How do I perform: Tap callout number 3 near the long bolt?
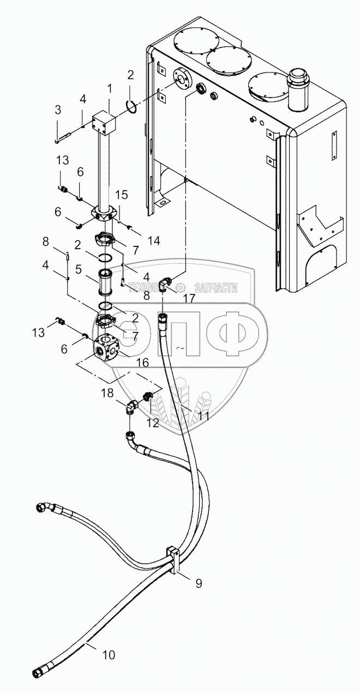pos(58,110)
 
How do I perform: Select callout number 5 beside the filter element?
pos(78,269)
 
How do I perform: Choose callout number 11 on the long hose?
pos(203,416)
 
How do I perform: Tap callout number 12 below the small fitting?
pos(153,423)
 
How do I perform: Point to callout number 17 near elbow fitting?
pos(189,298)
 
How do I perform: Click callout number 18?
pos(106,393)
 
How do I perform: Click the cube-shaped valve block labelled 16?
pos(105,347)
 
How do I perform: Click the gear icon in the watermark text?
pos(180,288)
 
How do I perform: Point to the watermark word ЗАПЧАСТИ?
pos(217,288)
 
